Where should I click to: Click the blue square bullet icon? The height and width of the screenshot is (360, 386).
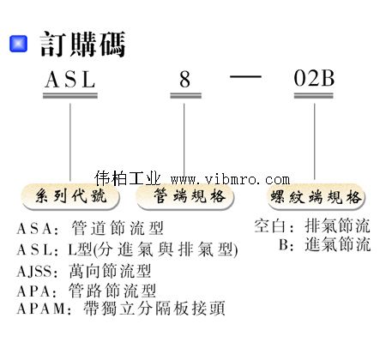[x=19, y=44]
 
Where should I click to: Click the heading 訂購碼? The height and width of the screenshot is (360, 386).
[x=82, y=44]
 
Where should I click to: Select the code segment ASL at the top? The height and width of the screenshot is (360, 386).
[x=70, y=79]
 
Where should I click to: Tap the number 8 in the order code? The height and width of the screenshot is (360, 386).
[x=185, y=80]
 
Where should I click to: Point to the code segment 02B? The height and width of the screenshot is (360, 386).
[x=314, y=78]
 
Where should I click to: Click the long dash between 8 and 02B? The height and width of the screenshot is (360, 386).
[x=245, y=76]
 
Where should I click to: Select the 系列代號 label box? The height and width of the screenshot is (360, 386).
[x=70, y=197]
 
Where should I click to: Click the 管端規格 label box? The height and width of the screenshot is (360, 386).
[x=185, y=197]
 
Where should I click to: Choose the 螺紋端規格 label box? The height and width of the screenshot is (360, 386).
[x=317, y=197]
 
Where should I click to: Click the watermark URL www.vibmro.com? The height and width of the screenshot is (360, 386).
[x=230, y=179]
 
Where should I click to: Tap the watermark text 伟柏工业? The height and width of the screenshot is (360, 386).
[x=128, y=178]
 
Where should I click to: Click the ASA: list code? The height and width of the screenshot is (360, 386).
[x=38, y=229]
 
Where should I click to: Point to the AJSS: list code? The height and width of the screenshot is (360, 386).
[x=38, y=272]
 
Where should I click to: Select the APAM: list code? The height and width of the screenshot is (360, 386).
[x=44, y=309]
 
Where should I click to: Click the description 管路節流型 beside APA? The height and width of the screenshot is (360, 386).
[x=112, y=291]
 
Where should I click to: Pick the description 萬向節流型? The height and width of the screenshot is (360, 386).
[x=110, y=271]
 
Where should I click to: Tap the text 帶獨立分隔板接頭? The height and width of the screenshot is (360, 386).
[x=154, y=308]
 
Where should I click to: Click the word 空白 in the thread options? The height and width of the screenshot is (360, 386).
[x=269, y=226]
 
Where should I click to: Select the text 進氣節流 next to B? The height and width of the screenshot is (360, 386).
[x=337, y=244]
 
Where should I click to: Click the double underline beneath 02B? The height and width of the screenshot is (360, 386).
[x=314, y=96]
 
